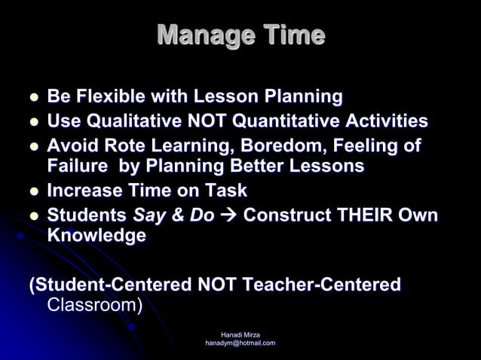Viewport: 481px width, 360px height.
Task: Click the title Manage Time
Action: tap(240, 35)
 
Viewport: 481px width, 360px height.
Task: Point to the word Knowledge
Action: tap(97, 235)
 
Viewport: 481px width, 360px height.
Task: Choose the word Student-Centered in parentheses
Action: tap(110, 285)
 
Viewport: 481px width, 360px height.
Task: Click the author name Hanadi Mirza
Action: tap(240, 334)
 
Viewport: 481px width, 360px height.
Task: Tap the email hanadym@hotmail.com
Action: tap(240, 343)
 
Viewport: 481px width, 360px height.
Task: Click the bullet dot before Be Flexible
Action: tap(33, 98)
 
